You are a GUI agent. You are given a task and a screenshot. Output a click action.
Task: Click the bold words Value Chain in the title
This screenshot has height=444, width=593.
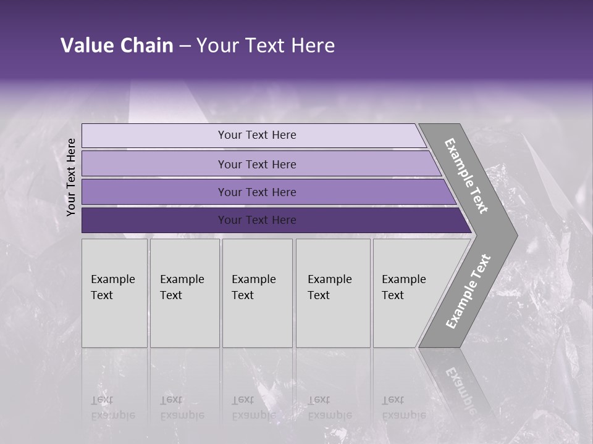click(117, 46)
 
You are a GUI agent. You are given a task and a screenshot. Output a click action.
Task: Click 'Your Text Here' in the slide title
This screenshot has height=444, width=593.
click(266, 46)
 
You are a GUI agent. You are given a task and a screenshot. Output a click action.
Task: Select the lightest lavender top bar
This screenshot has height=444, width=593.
click(154, 136)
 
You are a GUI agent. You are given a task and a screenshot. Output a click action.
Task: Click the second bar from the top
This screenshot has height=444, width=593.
click(154, 164)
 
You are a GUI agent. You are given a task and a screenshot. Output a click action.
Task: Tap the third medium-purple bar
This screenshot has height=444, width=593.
click(154, 192)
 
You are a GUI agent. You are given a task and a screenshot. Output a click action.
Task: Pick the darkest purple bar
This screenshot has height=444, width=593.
click(154, 220)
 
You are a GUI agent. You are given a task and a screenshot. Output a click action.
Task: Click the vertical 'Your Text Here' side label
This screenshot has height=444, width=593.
click(71, 177)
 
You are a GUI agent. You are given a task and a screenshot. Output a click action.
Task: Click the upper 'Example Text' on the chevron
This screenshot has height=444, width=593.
click(466, 176)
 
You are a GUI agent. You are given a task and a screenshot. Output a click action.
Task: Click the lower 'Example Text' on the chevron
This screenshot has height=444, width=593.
click(468, 291)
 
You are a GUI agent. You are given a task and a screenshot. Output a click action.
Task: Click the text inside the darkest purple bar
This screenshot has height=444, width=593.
click(257, 220)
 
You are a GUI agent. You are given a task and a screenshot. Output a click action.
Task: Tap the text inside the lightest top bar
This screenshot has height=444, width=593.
click(257, 135)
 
